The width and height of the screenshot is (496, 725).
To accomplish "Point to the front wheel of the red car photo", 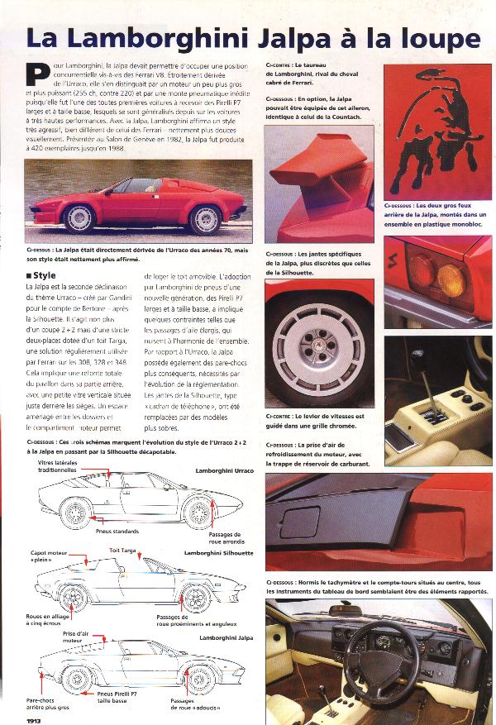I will click(x=81, y=217).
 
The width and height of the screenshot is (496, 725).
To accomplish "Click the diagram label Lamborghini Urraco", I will click(x=224, y=470).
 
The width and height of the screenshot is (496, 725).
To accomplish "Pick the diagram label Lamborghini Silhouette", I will click(x=219, y=552).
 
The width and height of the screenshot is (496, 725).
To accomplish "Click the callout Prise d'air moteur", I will click(x=74, y=636).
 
